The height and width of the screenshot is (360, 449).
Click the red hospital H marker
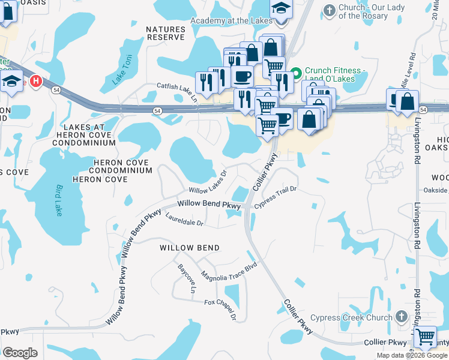(36, 81)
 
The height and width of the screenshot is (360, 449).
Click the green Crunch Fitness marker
(295, 75)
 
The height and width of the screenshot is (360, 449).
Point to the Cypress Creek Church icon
(402, 316)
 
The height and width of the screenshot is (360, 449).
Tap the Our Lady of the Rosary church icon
(329, 10)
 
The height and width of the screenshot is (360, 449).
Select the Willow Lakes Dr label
(208, 181)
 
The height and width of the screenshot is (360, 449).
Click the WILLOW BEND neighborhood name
(189, 247)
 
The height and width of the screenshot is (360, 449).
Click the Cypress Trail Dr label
(276, 197)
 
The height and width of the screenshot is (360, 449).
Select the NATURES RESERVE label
(166, 32)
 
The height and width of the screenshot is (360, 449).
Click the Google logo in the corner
(20, 353)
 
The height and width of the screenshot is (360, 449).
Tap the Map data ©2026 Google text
(411, 355)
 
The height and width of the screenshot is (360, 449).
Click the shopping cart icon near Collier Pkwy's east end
(425, 337)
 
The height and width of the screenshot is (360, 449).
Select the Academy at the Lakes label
(231, 20)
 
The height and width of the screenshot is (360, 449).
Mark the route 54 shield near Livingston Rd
(423, 110)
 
